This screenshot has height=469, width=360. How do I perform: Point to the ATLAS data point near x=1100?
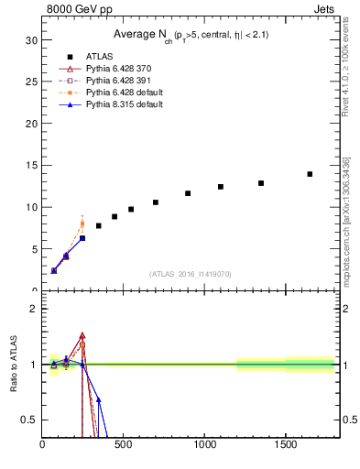tap(221, 187)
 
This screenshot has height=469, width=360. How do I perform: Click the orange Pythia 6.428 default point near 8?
tap(82, 224)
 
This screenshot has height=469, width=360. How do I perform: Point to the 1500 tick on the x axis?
tap(286, 446)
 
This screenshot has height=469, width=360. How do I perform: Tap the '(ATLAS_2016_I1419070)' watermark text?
tap(191, 274)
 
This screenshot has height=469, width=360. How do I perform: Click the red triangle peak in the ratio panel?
tap(82, 336)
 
